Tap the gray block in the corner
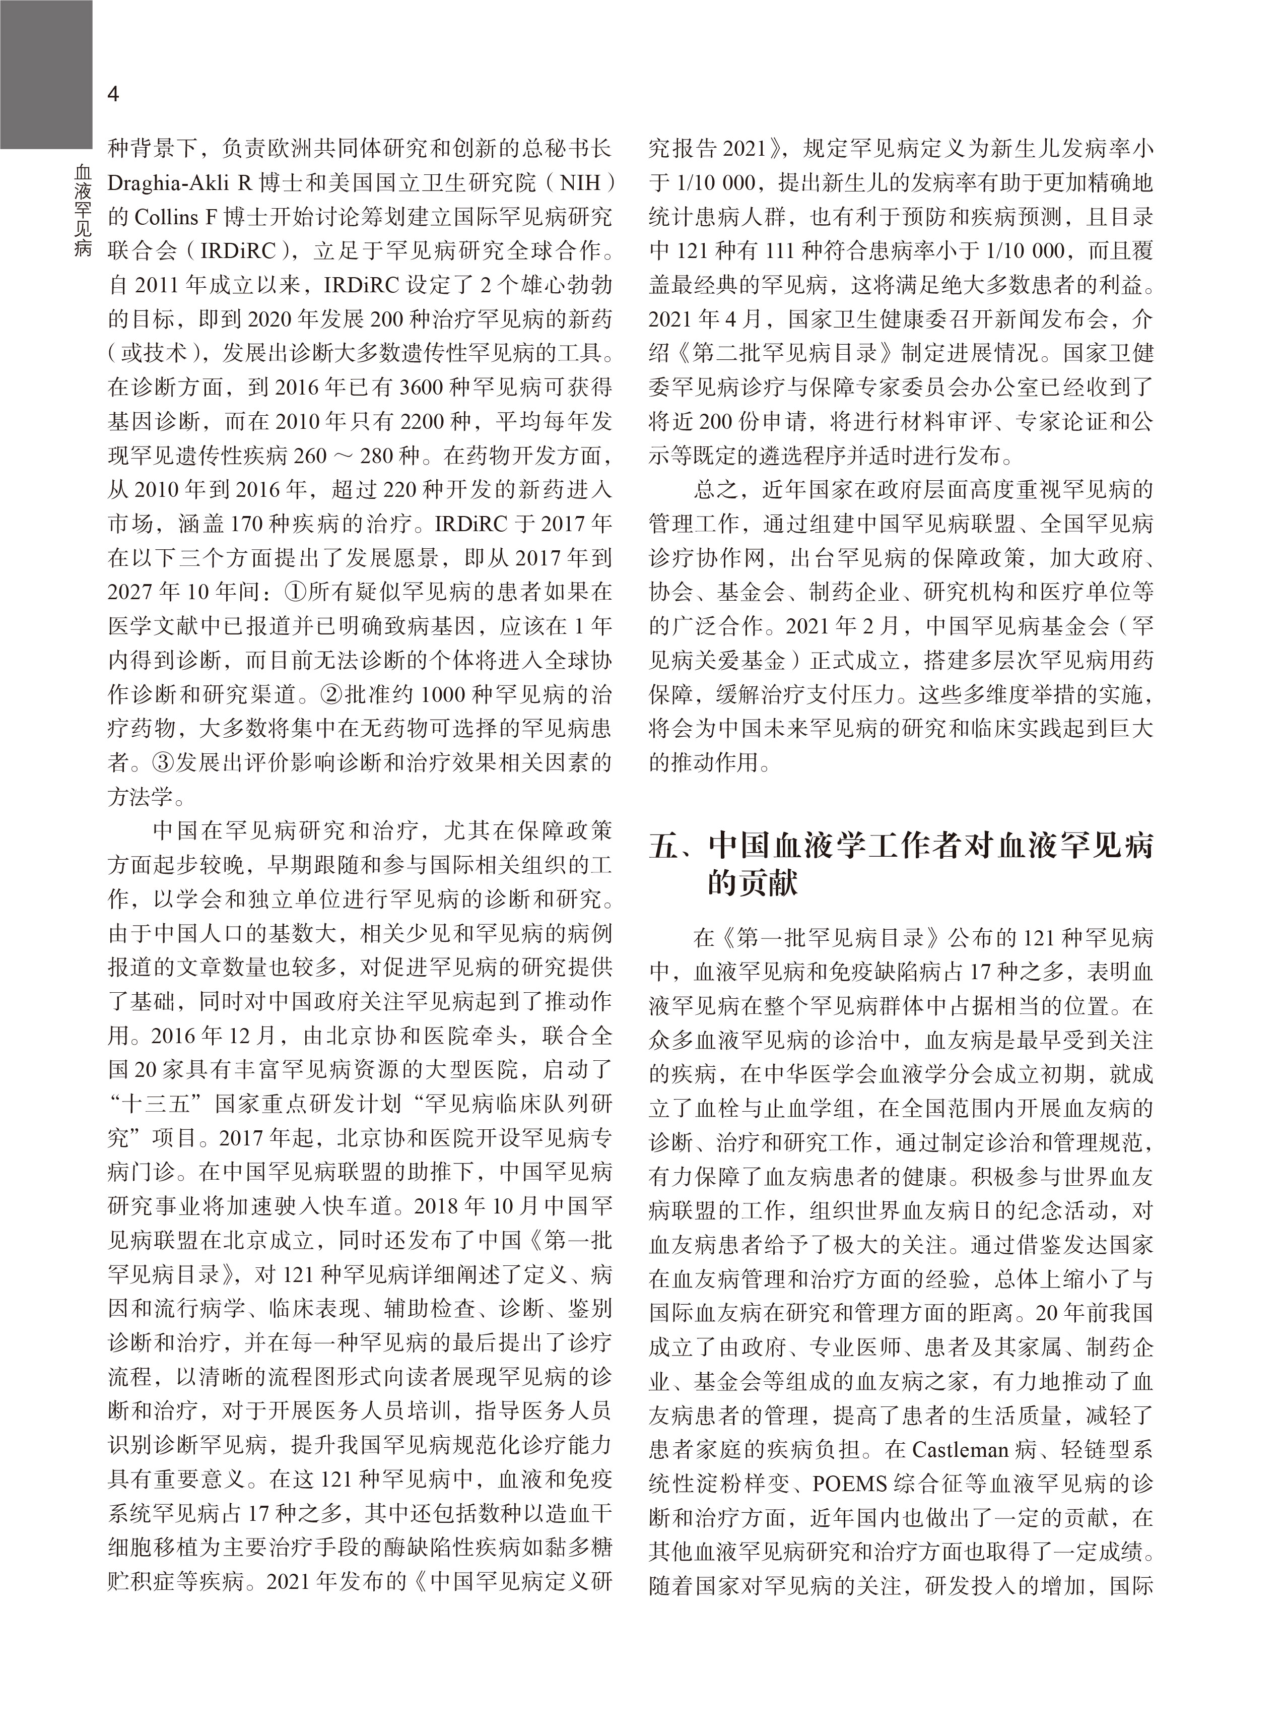point(45,74)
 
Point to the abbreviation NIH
point(581,183)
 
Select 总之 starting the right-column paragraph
point(716,491)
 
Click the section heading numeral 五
point(664,847)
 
